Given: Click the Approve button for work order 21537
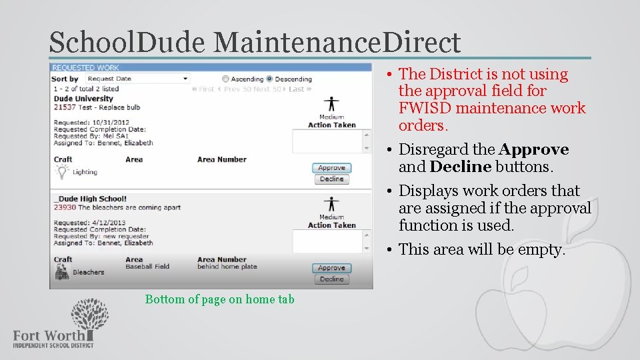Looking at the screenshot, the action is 331,168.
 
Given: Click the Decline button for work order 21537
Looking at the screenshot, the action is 331,179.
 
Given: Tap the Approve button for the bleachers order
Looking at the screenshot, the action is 331,268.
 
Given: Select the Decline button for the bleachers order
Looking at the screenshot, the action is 331,279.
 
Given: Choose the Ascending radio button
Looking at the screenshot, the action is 226,79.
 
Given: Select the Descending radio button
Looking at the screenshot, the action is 270,79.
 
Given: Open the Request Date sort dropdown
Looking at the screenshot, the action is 137,79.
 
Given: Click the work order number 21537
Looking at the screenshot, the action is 65,107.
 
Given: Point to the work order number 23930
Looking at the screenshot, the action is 65,207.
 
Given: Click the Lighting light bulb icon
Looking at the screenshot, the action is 62,171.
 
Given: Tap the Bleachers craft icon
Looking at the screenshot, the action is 62,271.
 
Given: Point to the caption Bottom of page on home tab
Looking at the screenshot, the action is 219,299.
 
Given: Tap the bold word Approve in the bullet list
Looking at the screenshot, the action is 533,149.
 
